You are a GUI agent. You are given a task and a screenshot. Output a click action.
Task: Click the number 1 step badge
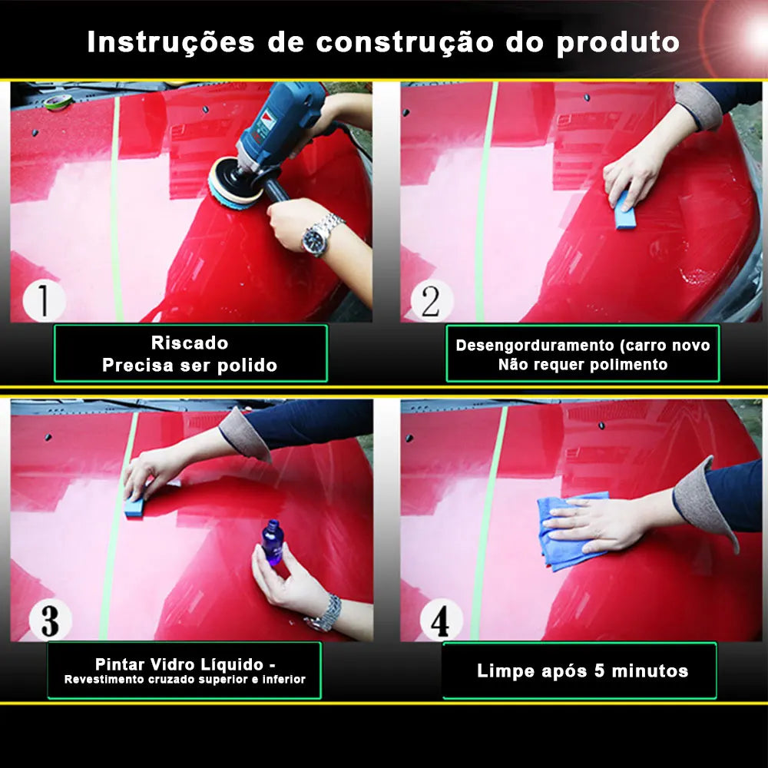pos(43,300)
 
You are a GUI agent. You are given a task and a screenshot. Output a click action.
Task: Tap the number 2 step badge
pos(432,300)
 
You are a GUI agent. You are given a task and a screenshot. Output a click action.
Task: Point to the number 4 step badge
pos(441,620)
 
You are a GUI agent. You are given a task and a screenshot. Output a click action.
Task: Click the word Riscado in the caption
pos(190,343)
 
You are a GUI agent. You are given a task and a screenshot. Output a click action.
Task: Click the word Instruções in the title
pos(170,42)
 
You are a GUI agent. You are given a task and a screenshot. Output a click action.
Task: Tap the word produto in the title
pos(617,42)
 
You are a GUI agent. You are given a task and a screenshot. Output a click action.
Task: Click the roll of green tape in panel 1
pos(58,101)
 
